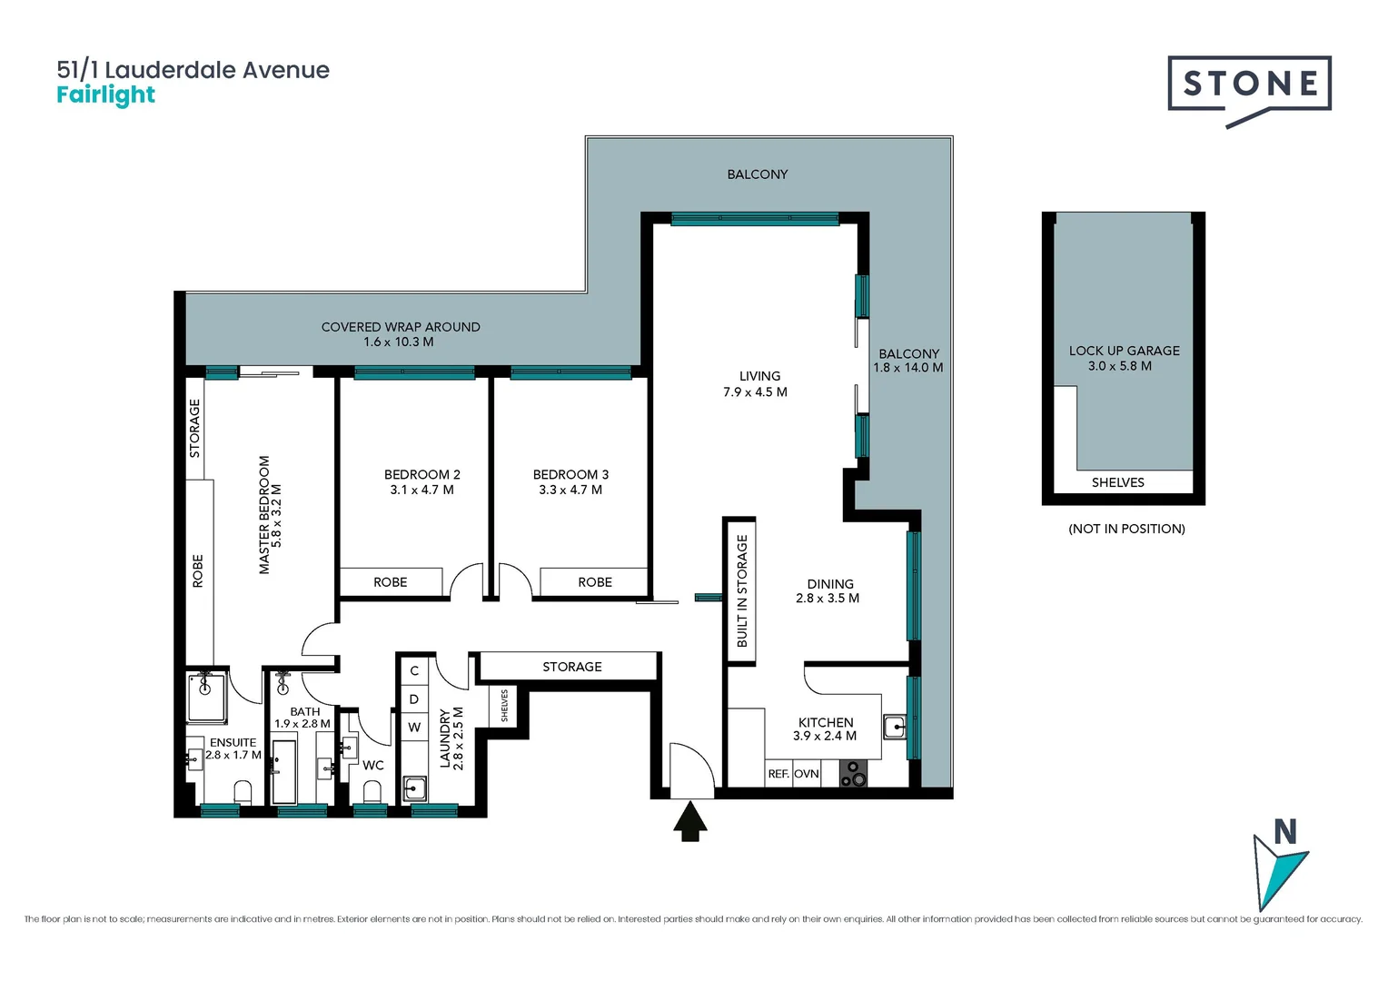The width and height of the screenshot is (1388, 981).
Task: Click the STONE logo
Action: (1249, 85)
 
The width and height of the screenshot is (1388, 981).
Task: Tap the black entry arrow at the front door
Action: (691, 821)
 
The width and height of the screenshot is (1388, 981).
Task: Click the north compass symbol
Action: (1280, 867)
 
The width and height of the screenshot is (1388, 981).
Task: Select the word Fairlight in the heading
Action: (105, 95)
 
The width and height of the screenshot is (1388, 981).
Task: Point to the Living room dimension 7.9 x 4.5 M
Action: (755, 392)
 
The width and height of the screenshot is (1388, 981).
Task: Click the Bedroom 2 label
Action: (421, 474)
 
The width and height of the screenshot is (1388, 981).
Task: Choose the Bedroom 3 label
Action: (570, 474)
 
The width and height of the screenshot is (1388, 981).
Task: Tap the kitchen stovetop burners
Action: (853, 774)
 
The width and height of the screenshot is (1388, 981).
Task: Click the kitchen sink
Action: (895, 726)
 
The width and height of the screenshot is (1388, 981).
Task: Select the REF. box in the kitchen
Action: (778, 774)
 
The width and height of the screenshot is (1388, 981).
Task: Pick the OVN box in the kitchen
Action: (807, 774)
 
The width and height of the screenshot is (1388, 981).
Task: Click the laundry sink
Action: (415, 788)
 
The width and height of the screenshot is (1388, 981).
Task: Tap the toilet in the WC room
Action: (372, 792)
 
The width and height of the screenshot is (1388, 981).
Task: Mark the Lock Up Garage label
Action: (1124, 351)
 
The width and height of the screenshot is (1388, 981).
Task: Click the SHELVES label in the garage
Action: (1117, 482)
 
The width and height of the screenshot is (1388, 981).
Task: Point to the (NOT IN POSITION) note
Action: (1126, 529)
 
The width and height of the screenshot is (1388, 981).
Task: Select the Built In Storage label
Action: (741, 590)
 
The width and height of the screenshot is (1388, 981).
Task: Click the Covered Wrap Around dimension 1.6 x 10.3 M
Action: (399, 342)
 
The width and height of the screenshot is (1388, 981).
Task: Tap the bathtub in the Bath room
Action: (284, 772)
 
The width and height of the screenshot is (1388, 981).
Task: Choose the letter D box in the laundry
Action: (414, 699)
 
